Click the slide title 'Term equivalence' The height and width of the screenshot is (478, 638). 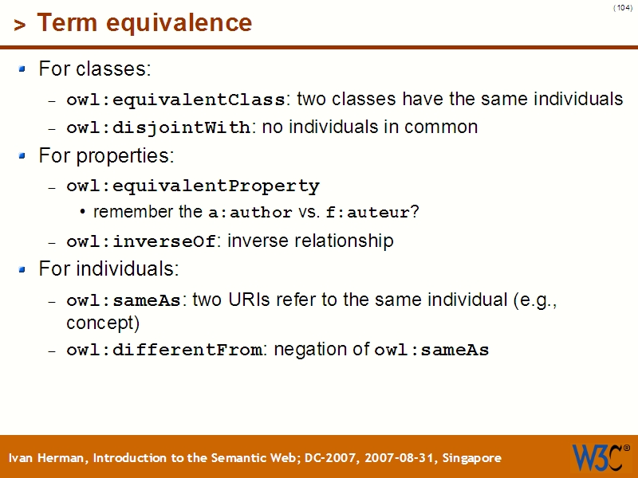144,23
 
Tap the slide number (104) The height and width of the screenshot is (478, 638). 623,8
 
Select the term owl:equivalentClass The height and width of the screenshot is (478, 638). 175,100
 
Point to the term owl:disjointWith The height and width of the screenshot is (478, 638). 159,128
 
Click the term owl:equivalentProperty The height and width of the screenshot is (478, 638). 192,186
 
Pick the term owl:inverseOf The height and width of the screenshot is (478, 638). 141,241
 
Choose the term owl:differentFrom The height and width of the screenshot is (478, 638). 164,351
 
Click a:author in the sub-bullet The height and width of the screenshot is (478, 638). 250,214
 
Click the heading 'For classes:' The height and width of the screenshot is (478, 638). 94,69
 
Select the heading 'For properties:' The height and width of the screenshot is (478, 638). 106,155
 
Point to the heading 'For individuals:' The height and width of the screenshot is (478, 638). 108,268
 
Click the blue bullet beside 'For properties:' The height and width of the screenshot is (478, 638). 22,156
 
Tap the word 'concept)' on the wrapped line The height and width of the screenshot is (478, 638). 103,323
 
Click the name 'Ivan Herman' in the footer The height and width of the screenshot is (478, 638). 49,458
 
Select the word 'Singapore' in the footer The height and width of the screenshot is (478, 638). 472,458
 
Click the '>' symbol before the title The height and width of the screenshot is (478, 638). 20,25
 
